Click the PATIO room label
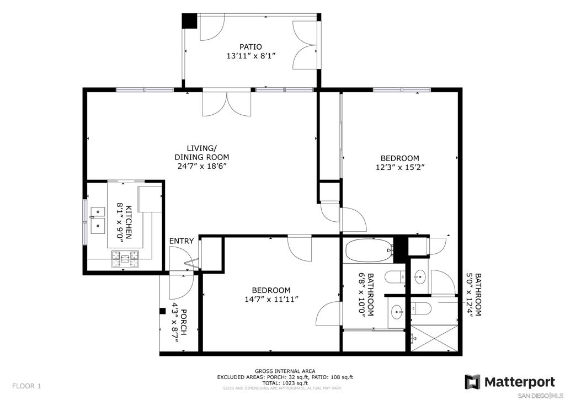[x=251, y=47]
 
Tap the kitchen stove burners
[x=125, y=258]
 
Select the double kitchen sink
[x=98, y=221]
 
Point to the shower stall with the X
[x=434, y=338]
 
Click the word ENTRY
[x=182, y=241]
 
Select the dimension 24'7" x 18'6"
[x=202, y=166]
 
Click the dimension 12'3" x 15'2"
[x=400, y=167]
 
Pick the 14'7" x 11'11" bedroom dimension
[x=271, y=299]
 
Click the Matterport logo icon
[x=472, y=382]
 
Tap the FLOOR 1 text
[x=26, y=386]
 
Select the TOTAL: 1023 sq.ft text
[x=285, y=383]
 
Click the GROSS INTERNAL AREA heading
[x=285, y=371]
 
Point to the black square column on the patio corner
[x=189, y=21]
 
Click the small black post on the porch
[x=163, y=311]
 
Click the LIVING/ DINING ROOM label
[x=202, y=153]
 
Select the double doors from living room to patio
[x=227, y=103]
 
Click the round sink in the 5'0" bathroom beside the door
[x=419, y=278]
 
